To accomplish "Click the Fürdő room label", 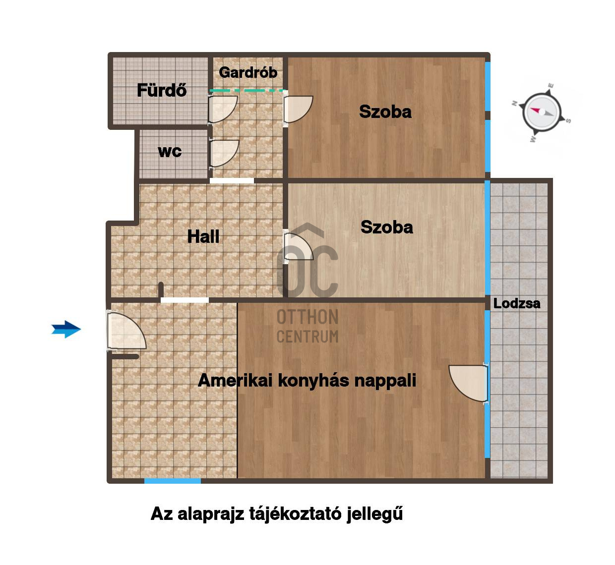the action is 162,90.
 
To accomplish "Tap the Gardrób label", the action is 248,72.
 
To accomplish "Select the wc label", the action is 170,151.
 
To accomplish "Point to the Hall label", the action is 203,236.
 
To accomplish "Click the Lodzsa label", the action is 517,303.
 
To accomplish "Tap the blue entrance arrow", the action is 66,329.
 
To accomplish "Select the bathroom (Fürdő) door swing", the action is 223,110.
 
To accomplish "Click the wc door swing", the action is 224,154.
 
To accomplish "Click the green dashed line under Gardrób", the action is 247,90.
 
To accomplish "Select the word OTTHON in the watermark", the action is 307,317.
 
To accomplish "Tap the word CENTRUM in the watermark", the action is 307,337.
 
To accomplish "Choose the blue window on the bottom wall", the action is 173,481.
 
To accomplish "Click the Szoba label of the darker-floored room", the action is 385,112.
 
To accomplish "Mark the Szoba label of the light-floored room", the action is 386,227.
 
